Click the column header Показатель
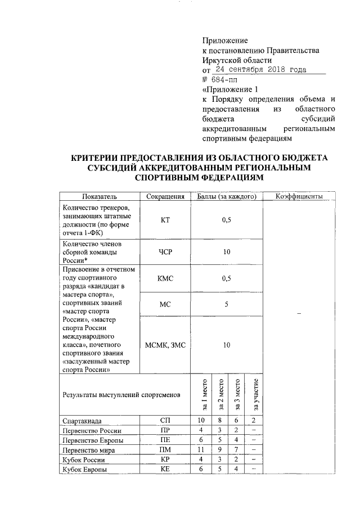tap(100, 196)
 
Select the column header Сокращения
tap(165, 196)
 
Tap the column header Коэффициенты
tap(299, 196)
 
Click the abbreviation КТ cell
tap(165, 220)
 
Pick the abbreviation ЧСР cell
tap(165, 253)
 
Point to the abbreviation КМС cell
tap(165, 278)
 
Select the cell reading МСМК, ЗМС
tap(165, 345)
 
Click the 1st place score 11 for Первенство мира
tap(200, 451)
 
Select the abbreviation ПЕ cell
tap(165, 440)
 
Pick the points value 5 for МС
tap(227, 305)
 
